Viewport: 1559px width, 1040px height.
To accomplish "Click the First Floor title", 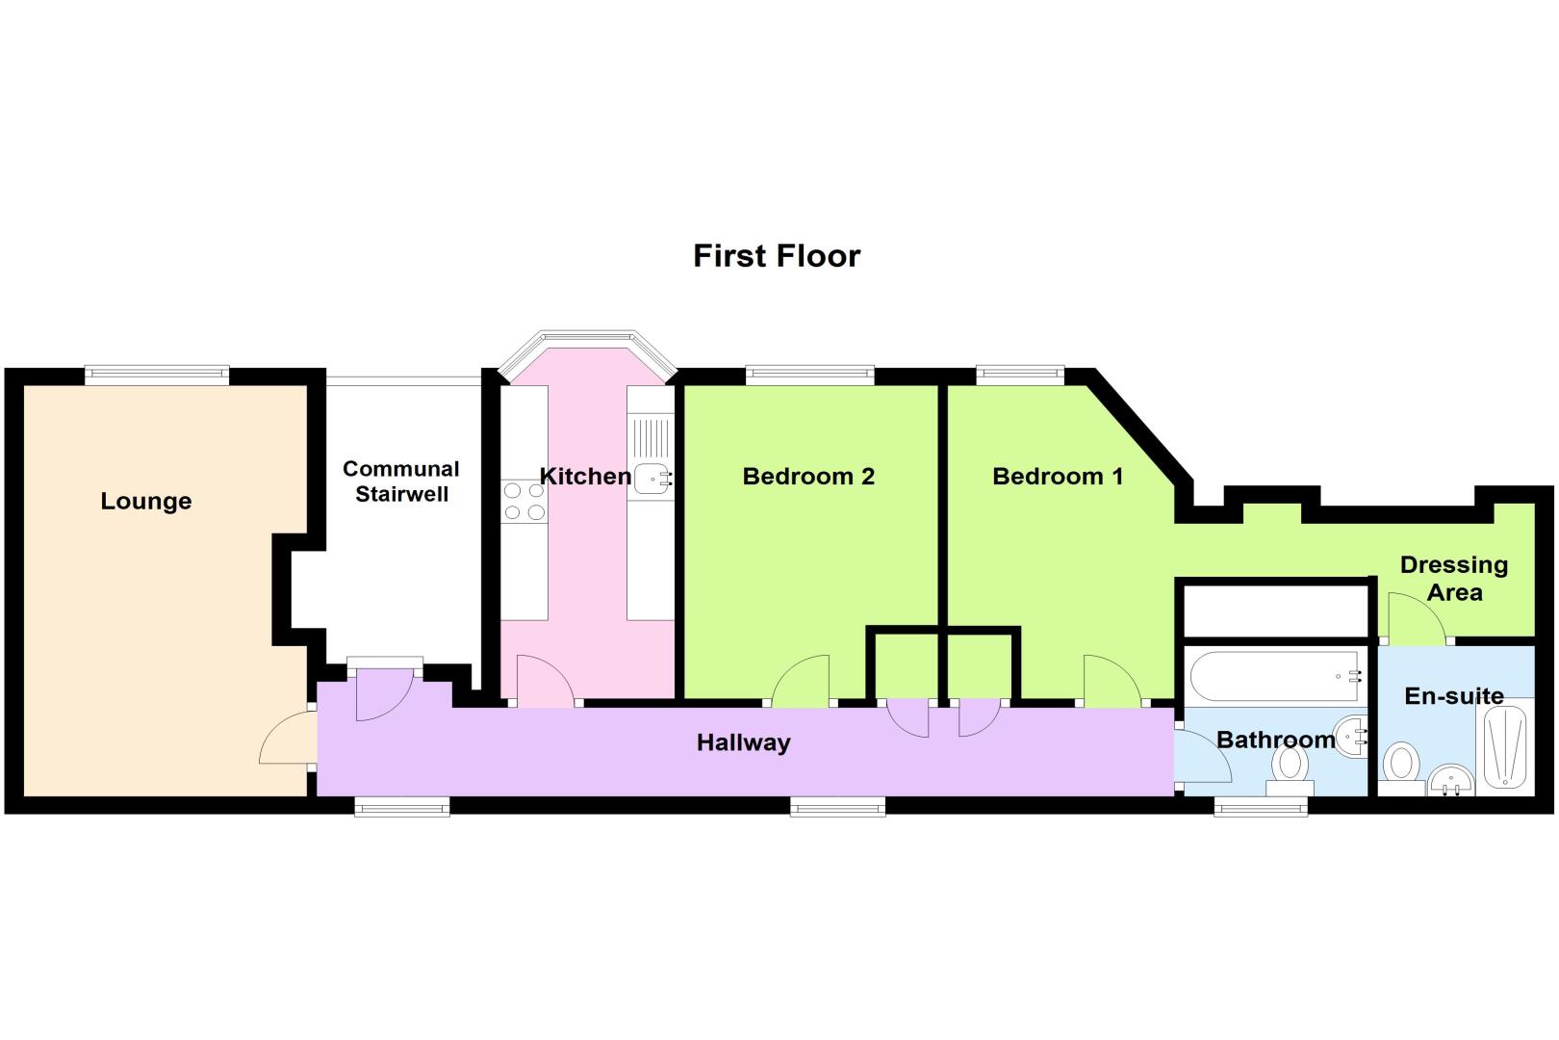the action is pyautogui.click(x=777, y=256).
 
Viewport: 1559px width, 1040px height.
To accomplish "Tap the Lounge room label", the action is pyautogui.click(x=146, y=501).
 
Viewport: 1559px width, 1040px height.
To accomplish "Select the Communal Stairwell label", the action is pyautogui.click(x=401, y=481).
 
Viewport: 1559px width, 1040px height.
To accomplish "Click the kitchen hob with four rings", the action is pyautogui.click(x=524, y=502).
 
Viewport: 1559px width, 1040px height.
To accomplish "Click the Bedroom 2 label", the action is pyautogui.click(x=808, y=477).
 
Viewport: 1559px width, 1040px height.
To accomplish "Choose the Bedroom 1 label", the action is pyautogui.click(x=1058, y=477).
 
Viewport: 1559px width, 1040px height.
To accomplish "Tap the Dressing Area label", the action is pyautogui.click(x=1454, y=578).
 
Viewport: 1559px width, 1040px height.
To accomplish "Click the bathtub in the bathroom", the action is pyautogui.click(x=1274, y=676).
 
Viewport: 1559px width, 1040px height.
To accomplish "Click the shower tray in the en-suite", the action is pyautogui.click(x=1505, y=746).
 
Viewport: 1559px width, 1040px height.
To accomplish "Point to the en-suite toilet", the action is pyautogui.click(x=1401, y=768).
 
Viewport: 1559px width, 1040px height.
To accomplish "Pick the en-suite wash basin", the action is pyautogui.click(x=1451, y=780).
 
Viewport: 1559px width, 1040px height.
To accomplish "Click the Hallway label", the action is pyautogui.click(x=743, y=742).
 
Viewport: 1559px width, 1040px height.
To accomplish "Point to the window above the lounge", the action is pyautogui.click(x=157, y=376).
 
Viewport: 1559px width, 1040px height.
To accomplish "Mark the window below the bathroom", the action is pyautogui.click(x=1261, y=807).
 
